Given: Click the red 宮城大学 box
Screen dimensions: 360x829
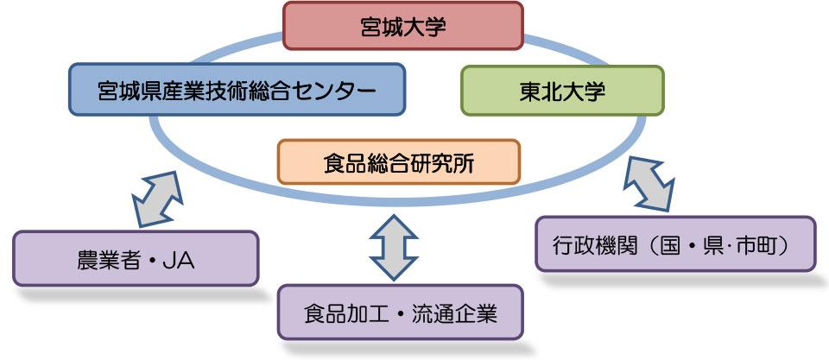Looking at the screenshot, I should (x=402, y=26).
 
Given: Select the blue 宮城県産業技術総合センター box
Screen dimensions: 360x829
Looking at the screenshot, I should (x=237, y=90).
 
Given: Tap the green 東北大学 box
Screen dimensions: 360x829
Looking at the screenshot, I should (x=561, y=90).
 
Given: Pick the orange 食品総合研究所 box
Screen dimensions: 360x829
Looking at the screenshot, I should (x=400, y=161).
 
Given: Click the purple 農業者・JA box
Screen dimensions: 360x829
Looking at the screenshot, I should (x=136, y=258).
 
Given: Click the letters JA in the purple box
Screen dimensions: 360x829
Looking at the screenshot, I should (x=180, y=259).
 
